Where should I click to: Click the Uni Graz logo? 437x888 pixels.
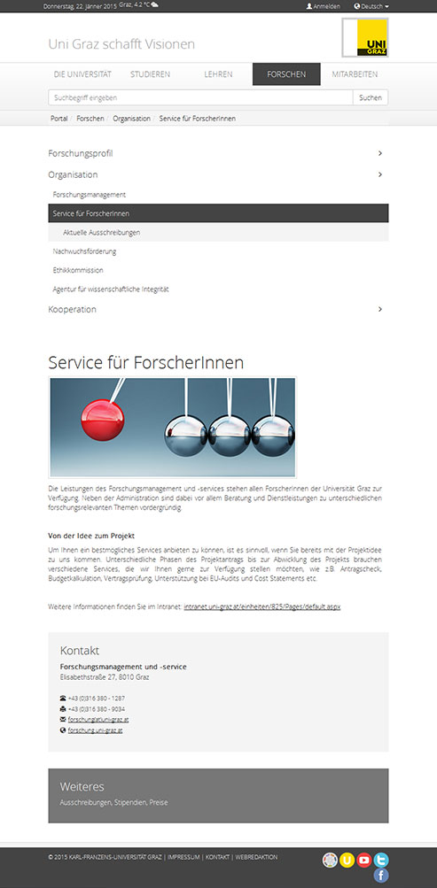click(x=365, y=38)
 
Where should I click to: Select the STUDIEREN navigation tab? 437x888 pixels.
click(x=150, y=74)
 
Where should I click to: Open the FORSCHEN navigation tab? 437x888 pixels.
click(x=285, y=74)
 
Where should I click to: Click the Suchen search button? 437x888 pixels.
click(x=371, y=97)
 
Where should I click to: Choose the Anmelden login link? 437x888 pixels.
click(x=324, y=6)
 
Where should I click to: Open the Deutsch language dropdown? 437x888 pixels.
click(x=371, y=6)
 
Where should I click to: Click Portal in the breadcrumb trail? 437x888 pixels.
click(x=59, y=118)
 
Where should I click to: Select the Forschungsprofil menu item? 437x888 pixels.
click(x=81, y=153)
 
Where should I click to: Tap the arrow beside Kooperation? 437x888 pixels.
click(x=380, y=309)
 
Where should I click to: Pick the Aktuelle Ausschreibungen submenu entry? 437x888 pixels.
click(x=102, y=232)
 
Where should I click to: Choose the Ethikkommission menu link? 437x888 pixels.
click(x=78, y=270)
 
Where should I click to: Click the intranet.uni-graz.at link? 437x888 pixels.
click(x=261, y=606)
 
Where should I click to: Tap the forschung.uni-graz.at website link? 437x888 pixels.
click(x=95, y=730)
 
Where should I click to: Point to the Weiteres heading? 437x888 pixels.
click(x=82, y=786)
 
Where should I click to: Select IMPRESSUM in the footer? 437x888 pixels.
click(x=183, y=857)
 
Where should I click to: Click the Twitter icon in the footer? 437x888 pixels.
click(x=381, y=860)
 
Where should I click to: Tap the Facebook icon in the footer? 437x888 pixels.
click(x=381, y=876)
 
